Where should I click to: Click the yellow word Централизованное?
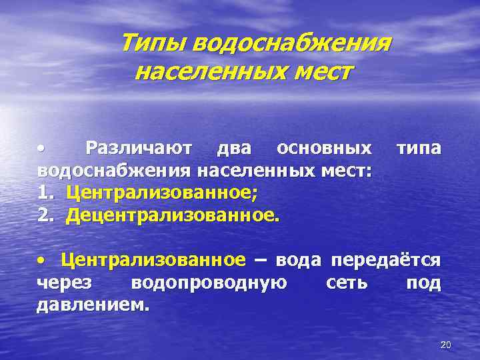[153, 259]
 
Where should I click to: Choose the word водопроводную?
[209, 283]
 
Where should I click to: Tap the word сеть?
[347, 283]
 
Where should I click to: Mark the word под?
[423, 283]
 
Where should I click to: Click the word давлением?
[93, 305]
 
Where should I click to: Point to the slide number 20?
[446, 345]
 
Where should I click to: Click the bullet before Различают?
[41, 147]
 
